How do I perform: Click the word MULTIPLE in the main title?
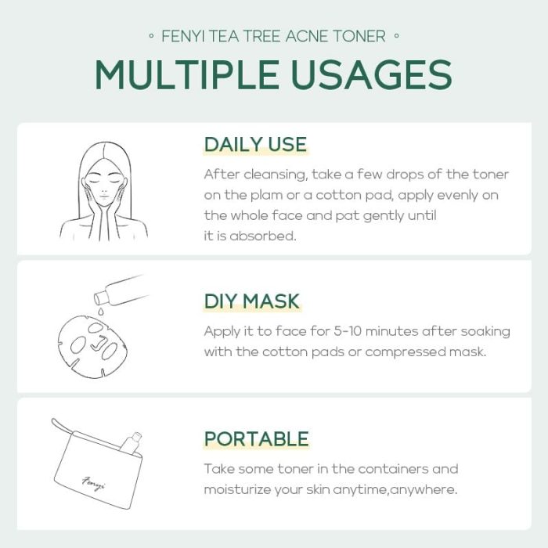[x=187, y=75]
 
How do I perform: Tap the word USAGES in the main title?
[x=372, y=75]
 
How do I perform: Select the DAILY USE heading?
[x=255, y=144]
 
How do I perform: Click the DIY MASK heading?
[x=252, y=301]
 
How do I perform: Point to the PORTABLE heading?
[x=257, y=439]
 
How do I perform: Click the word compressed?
[x=405, y=352]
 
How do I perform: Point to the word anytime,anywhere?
[x=395, y=490]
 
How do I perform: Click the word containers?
[x=393, y=469]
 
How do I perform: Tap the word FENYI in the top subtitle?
[x=182, y=36]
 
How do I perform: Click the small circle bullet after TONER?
[x=396, y=35]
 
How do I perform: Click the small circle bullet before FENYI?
[x=151, y=35]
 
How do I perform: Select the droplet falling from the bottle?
[x=100, y=311]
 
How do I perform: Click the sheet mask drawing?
[x=92, y=346]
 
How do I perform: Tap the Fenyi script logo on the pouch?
[x=94, y=483]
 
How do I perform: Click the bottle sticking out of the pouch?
[x=131, y=443]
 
